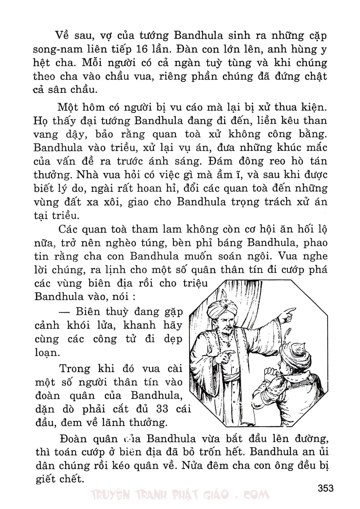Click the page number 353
325,488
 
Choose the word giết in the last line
46,479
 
